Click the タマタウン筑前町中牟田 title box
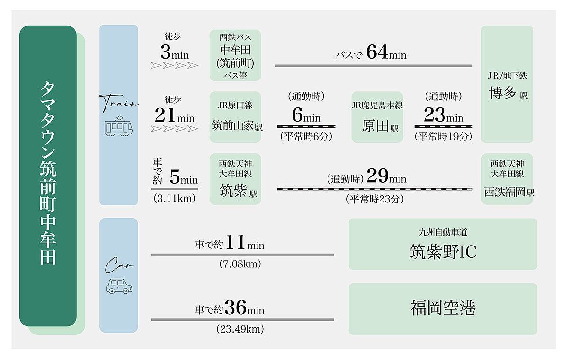48,176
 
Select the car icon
118,285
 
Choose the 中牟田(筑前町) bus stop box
235,55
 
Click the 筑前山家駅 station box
235,117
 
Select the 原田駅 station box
377,117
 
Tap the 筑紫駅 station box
235,179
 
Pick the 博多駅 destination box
507,84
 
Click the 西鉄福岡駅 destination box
507,179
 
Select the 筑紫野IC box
443,244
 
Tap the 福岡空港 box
443,309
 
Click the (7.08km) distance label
240,264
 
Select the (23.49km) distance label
240,329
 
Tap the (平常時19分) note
443,137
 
